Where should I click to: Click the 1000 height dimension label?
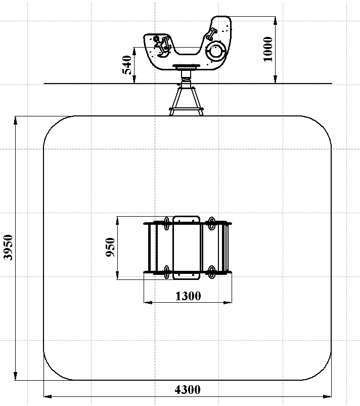(x=268, y=49)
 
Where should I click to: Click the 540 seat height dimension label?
(x=127, y=65)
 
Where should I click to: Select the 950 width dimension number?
(x=110, y=247)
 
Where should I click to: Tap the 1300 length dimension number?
(x=188, y=296)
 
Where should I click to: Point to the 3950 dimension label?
(x=8, y=247)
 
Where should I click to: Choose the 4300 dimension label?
(x=188, y=390)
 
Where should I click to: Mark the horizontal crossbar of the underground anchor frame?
(x=186, y=109)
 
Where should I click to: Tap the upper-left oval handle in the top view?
(x=167, y=223)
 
